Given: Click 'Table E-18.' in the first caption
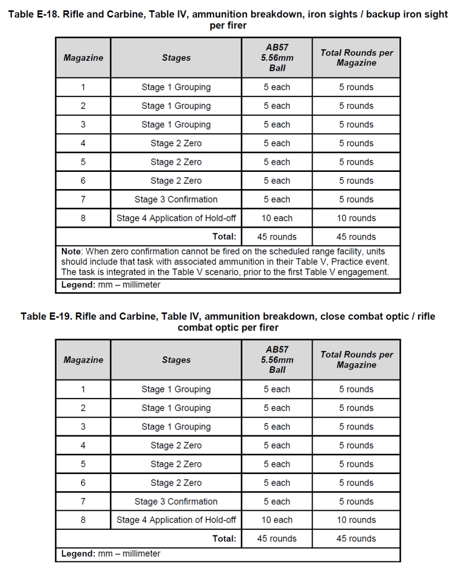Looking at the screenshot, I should pyautogui.click(x=35, y=15).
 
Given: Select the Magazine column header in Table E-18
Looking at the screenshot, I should pyautogui.click(x=83, y=58).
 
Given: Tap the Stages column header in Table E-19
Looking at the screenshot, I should pyautogui.click(x=176, y=360).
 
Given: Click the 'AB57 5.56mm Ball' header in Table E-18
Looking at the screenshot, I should pyautogui.click(x=277, y=58).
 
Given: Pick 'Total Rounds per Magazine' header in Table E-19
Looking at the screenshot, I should pyautogui.click(x=356, y=360).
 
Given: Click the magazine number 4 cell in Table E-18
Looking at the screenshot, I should pyautogui.click(x=83, y=143).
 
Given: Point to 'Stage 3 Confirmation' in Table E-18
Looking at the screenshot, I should pyautogui.click(x=176, y=199).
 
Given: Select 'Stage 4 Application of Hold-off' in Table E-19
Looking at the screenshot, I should pyautogui.click(x=176, y=520).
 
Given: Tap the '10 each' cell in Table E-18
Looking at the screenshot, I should pyautogui.click(x=277, y=218).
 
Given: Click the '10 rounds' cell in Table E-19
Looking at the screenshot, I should pyautogui.click(x=356, y=520).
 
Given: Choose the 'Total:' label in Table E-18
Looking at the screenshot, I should pyautogui.click(x=224, y=237).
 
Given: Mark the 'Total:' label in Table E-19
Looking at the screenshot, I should pyautogui.click(x=224, y=539).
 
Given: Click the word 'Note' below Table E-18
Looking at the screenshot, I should pyautogui.click(x=72, y=252).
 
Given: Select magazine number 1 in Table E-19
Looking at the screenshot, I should pyautogui.click(x=83, y=390).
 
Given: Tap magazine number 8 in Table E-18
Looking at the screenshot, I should pyautogui.click(x=83, y=218).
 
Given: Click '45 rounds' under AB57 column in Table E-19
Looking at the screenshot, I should pyautogui.click(x=277, y=539).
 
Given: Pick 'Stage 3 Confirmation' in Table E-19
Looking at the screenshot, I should pyautogui.click(x=176, y=501).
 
